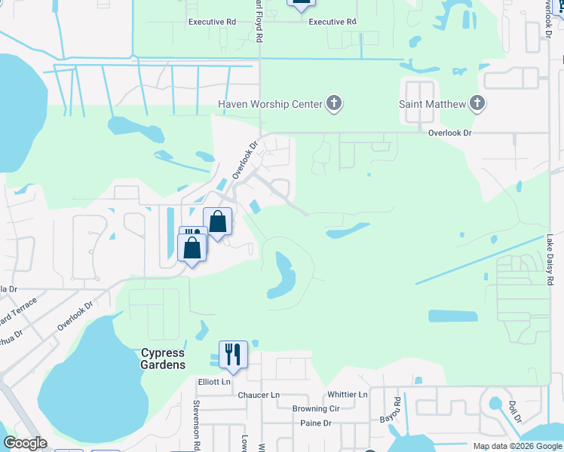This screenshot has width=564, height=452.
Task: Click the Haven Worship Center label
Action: (270, 104)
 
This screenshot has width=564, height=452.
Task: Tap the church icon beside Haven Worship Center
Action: (334, 104)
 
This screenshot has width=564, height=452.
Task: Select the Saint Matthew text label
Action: (432, 104)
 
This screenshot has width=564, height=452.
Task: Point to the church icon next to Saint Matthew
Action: (477, 104)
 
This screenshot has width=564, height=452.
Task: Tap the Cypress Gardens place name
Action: (163, 359)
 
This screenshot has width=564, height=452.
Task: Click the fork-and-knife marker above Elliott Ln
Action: (234, 355)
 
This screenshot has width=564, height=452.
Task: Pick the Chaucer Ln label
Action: (259, 395)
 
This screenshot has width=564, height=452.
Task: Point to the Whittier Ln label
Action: (348, 395)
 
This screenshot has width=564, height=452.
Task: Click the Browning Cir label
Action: (316, 409)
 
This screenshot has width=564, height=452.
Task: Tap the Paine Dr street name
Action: (316, 423)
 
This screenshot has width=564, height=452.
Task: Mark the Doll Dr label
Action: (515, 413)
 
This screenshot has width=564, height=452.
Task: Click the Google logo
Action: (25, 443)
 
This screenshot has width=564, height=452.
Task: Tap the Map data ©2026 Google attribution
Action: (517, 446)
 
